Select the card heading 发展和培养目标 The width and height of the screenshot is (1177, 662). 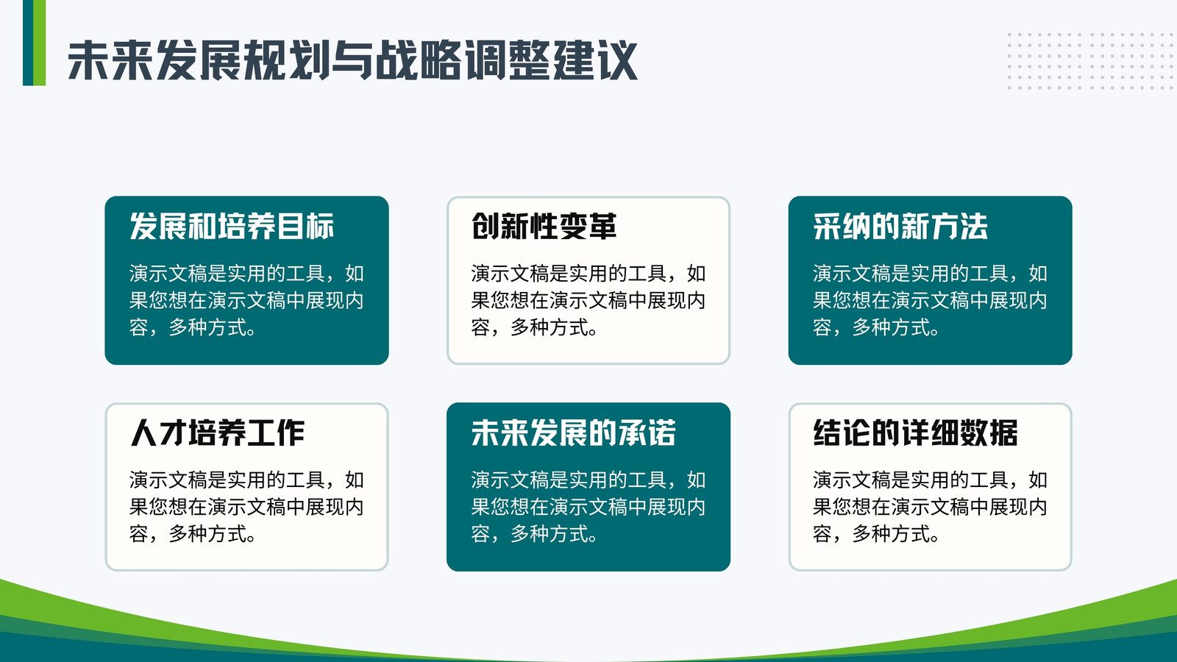[232, 227]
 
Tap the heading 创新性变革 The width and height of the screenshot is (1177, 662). [544, 227]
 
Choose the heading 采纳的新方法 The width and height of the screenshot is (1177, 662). [900, 227]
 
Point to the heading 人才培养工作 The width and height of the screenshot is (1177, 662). [217, 433]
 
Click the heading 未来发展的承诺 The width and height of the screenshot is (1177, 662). [573, 433]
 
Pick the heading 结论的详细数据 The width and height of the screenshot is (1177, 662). [915, 433]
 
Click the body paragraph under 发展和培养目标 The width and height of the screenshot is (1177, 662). [246, 301]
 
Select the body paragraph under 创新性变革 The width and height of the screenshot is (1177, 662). [588, 301]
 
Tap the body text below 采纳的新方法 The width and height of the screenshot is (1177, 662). [930, 301]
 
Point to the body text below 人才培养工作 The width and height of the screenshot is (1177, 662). [246, 507]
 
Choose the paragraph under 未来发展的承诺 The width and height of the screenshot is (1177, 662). [588, 507]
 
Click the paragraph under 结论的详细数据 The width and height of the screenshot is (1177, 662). [930, 507]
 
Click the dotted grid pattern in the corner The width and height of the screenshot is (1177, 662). [1091, 61]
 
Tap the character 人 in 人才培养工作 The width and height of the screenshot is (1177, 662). [144, 433]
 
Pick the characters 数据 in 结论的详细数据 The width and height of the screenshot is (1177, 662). [989, 433]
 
